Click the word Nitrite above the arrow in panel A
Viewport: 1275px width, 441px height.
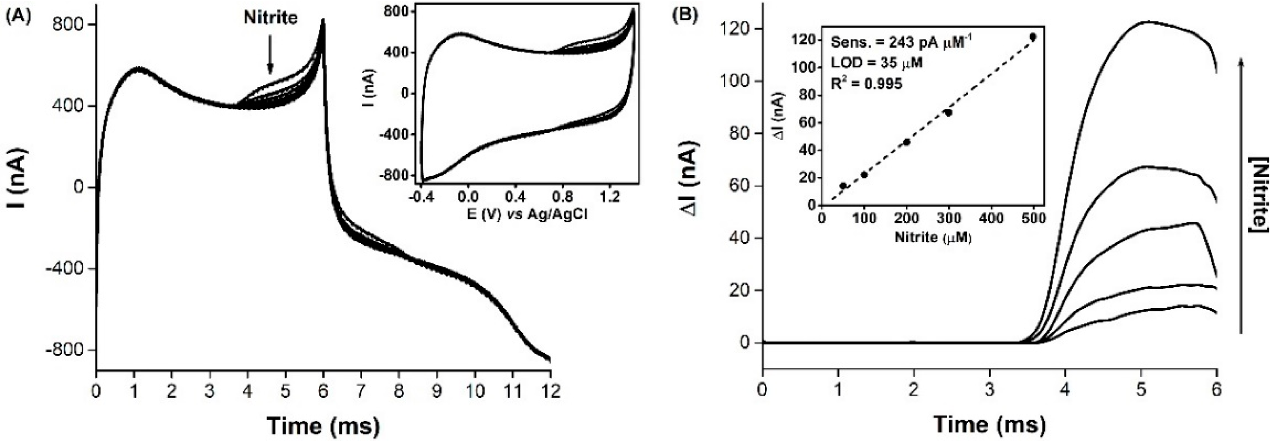270,18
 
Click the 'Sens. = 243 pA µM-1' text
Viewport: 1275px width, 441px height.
901,42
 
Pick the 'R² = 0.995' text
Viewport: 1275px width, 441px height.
866,83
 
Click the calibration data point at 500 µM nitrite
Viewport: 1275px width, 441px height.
1033,37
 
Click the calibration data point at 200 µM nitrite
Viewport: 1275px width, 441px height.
907,142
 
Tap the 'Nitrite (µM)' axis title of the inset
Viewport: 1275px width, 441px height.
933,238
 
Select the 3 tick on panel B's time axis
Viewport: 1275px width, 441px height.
990,391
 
